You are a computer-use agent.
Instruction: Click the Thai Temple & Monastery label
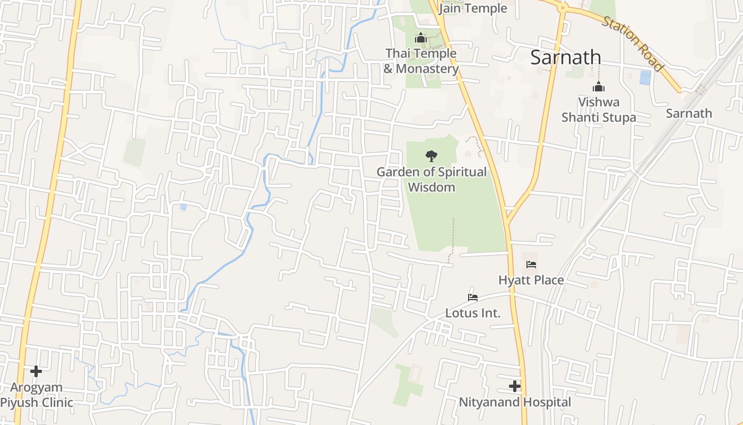point(421,61)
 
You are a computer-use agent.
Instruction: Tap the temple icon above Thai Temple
point(421,38)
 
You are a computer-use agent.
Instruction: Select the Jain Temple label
point(473,8)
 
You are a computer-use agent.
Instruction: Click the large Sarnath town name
point(566,57)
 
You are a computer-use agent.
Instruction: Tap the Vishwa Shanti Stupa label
point(599,109)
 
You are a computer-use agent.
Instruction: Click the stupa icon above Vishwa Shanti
point(599,87)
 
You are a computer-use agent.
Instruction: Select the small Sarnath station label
point(689,113)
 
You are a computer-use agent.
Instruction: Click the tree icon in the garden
point(431,156)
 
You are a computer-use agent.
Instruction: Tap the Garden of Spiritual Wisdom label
point(431,180)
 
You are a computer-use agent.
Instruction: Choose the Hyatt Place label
point(531,280)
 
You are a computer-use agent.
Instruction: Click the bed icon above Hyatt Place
point(531,264)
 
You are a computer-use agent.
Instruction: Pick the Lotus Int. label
point(473,313)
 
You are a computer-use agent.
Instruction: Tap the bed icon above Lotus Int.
point(473,297)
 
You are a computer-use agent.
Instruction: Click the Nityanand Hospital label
point(515,402)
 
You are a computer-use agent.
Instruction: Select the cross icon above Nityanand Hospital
point(514,386)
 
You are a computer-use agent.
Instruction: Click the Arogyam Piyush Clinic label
point(36,395)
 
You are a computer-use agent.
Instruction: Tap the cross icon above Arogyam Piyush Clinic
point(36,371)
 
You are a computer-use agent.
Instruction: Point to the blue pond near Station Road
point(645,78)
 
